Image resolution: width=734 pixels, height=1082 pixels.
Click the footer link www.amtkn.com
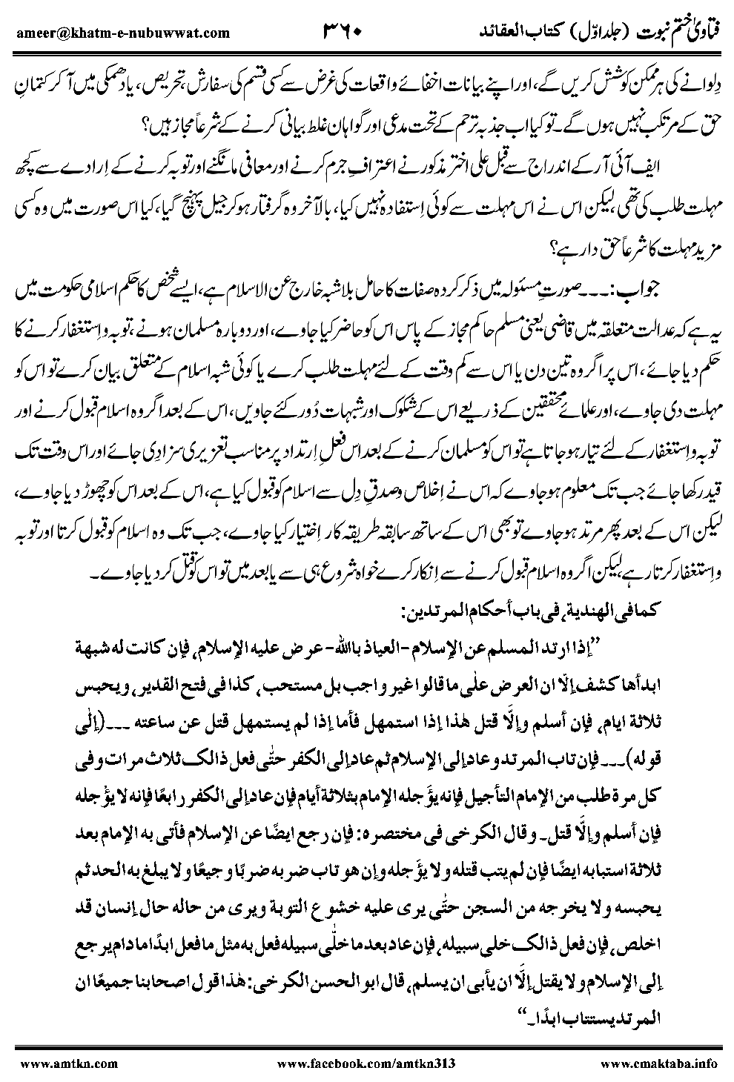[67, 1062]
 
